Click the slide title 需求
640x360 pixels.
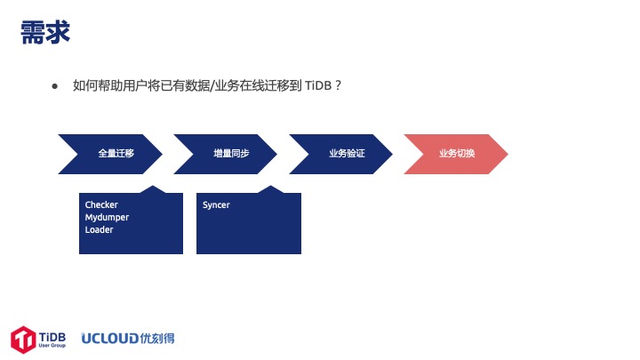coord(45,32)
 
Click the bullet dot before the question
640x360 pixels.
coord(55,86)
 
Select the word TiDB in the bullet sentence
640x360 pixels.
coord(318,85)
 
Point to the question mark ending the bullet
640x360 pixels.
coord(338,85)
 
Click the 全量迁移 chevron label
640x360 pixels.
coord(116,154)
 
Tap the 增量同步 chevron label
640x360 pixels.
coord(231,154)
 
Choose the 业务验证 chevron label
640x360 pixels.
coord(347,154)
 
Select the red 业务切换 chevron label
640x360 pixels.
coord(457,154)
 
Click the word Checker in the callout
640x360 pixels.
coord(101,204)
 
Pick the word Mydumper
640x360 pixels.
coord(107,218)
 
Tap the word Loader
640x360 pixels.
coord(99,230)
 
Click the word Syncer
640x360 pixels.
coord(216,205)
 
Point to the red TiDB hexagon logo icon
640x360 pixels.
coord(23,340)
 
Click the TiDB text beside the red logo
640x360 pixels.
coord(52,337)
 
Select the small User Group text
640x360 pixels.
coord(52,345)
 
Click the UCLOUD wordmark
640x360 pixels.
coord(110,339)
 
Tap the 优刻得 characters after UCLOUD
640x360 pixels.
coord(157,339)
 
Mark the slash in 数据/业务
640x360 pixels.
coord(212,85)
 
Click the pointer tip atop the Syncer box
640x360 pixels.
coord(270,186)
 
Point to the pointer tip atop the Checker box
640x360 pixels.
coord(153,186)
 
